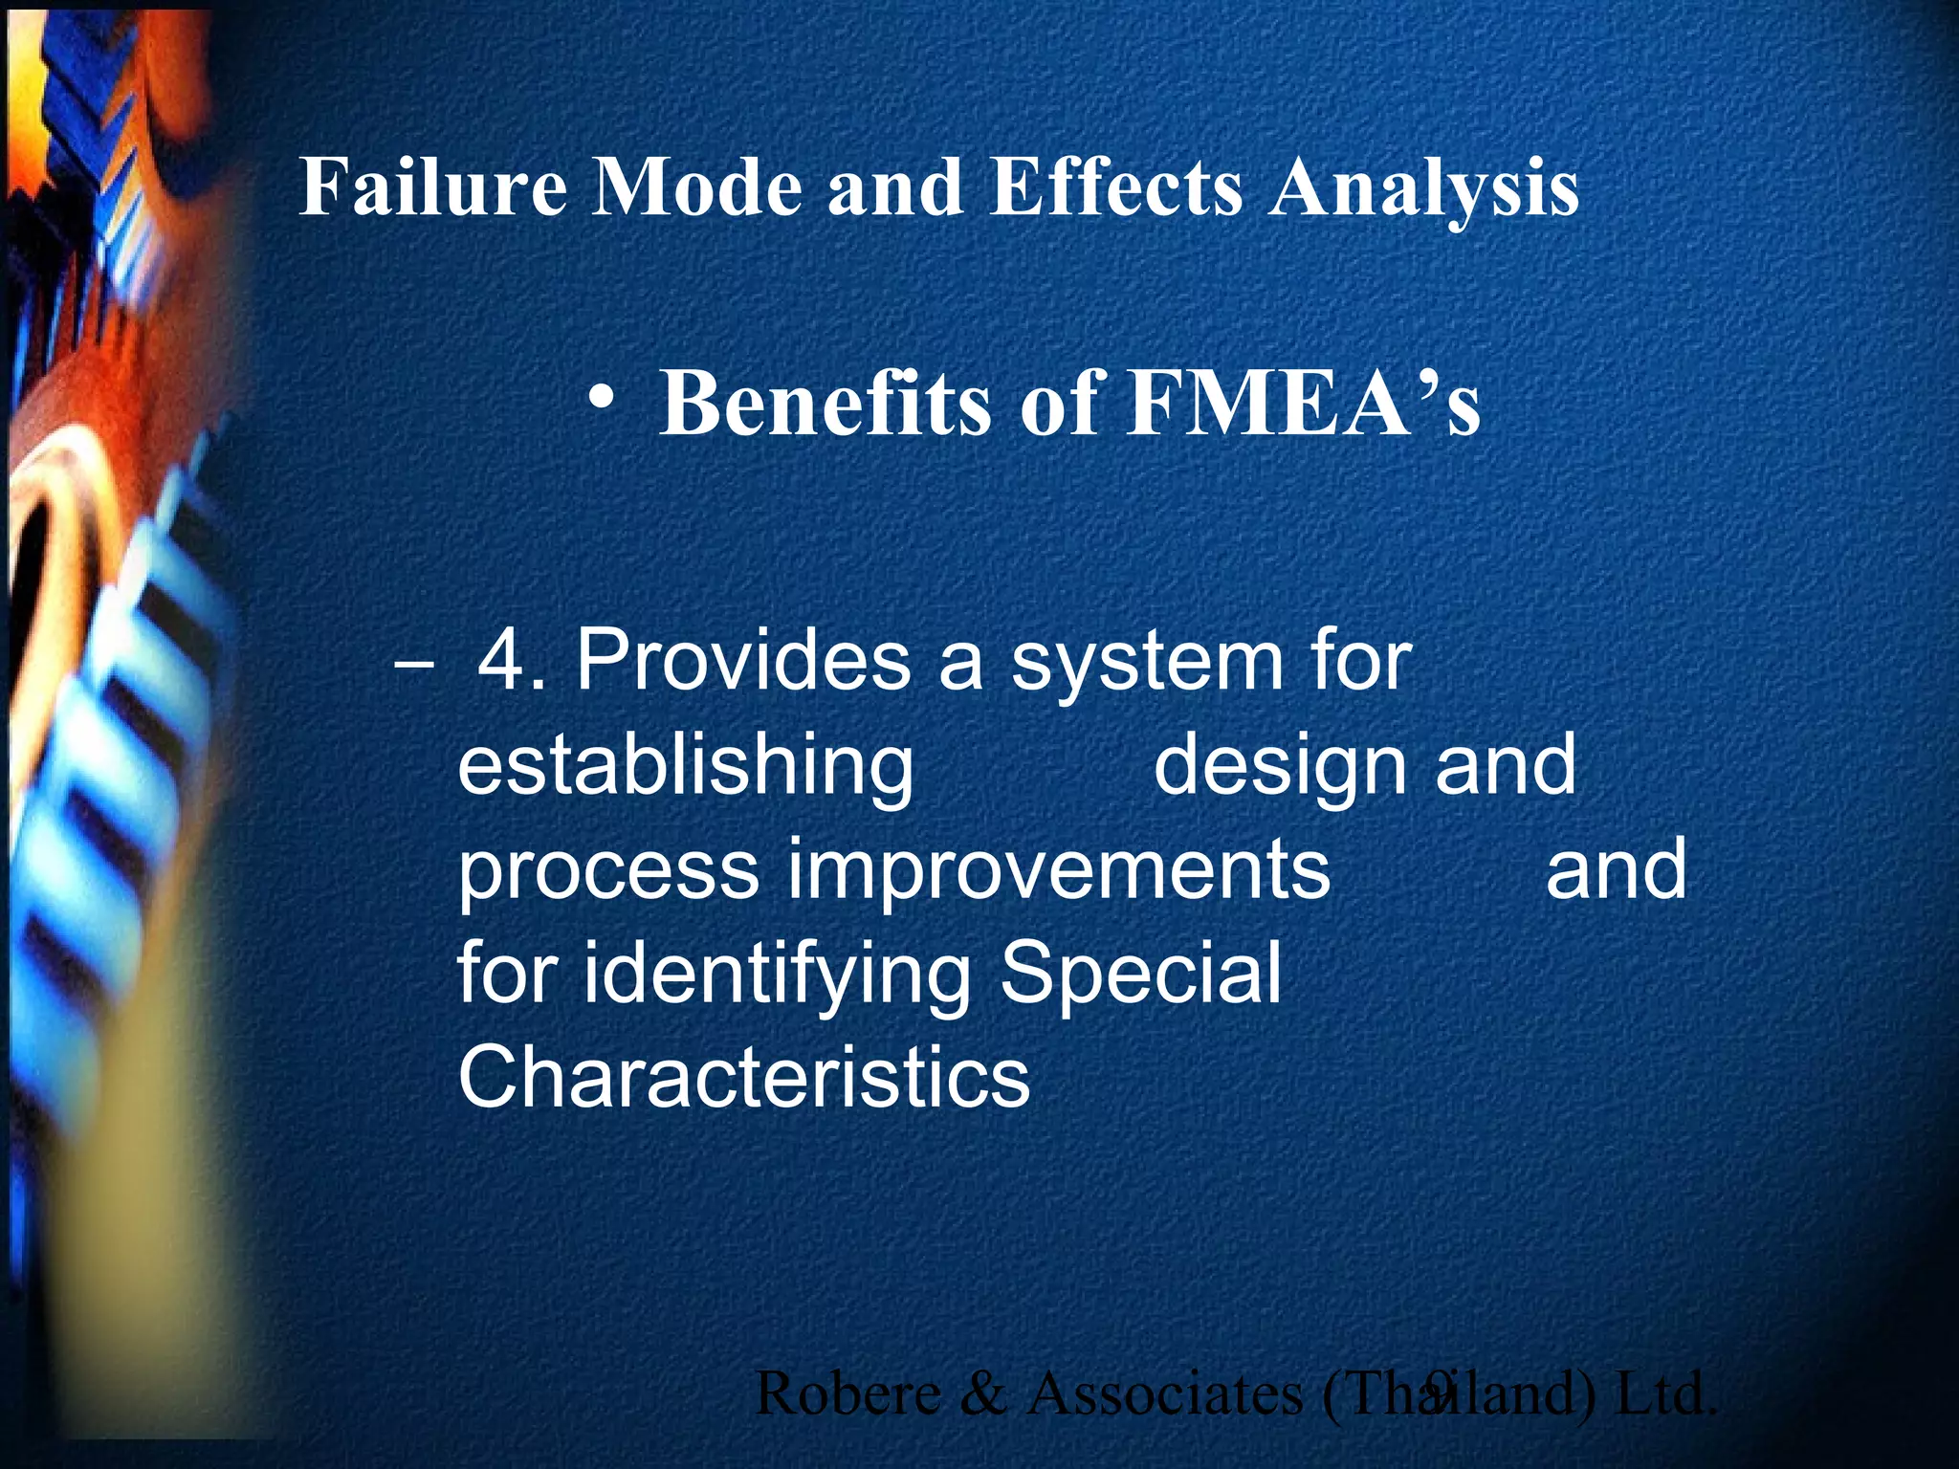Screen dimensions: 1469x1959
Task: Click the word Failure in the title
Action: [433, 186]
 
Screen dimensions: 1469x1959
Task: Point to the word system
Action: [1148, 662]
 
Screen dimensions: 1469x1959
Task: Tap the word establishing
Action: [685, 767]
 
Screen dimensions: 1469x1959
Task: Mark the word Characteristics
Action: [744, 1077]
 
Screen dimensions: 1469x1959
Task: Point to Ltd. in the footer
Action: [1664, 1393]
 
